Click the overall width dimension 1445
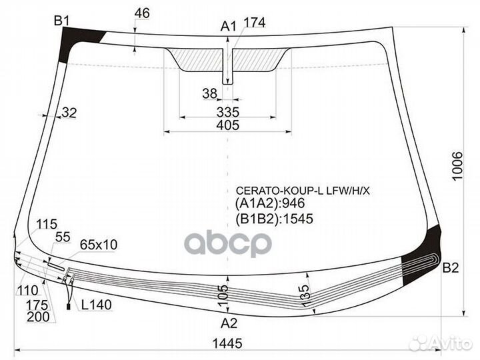coord(227,343)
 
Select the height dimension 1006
coord(457,166)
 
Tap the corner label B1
coord(62,21)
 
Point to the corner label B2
coord(451,268)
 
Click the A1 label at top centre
coord(229,26)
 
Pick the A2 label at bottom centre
coord(229,323)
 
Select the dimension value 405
coord(228,125)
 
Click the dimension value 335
coord(228,113)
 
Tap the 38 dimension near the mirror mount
coord(210,93)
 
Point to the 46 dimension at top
coord(142,13)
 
